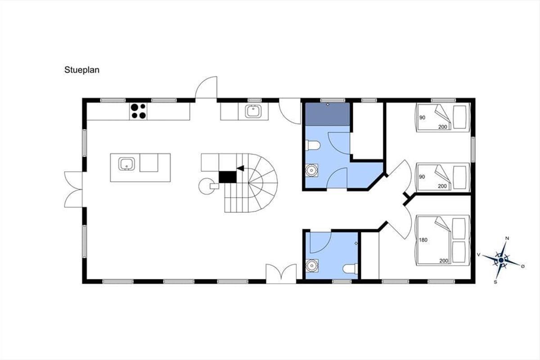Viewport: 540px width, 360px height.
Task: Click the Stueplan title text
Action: pos(82,70)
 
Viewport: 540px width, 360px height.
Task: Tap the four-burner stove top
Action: pos(138,111)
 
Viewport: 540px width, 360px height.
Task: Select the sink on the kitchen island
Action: pos(126,164)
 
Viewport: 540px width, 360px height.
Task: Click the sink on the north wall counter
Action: pos(253,112)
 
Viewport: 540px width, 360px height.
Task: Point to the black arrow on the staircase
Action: pos(240,168)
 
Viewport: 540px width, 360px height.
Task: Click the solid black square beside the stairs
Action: pos(228,177)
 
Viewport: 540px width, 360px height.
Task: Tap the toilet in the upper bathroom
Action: pos(313,145)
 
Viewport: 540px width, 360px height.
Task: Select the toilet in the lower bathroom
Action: pos(350,269)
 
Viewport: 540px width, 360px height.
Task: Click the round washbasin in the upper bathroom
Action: pos(312,171)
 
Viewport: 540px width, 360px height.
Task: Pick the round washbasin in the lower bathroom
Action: pos(312,265)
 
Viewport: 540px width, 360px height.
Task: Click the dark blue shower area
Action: pos(328,114)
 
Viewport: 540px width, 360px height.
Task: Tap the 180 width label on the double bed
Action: pos(423,240)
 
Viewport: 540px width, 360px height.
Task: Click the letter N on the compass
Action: pos(507,238)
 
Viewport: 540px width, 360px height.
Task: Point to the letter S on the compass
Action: pos(495,282)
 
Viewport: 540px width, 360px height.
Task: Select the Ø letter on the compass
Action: pos(522,266)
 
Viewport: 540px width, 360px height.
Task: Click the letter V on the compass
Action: pos(479,255)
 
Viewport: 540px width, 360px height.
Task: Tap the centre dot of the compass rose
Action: pos(501,260)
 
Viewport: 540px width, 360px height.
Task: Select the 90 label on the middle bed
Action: pos(422,177)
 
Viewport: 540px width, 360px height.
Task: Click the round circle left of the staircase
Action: pos(207,186)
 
